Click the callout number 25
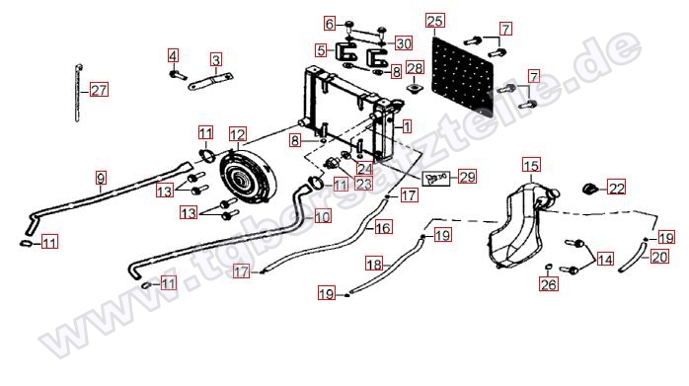click(435, 21)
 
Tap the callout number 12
click(238, 134)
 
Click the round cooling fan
click(249, 177)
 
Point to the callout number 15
click(531, 166)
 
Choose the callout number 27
click(99, 90)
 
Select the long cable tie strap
click(78, 93)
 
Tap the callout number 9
click(101, 178)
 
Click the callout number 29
click(467, 177)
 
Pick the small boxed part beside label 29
click(436, 178)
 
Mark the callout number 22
click(617, 189)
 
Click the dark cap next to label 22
click(589, 189)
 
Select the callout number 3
click(216, 59)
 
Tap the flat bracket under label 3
click(210, 81)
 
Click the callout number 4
click(173, 56)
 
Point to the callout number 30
click(404, 43)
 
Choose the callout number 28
click(415, 68)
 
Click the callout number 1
click(407, 127)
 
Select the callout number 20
click(659, 257)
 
